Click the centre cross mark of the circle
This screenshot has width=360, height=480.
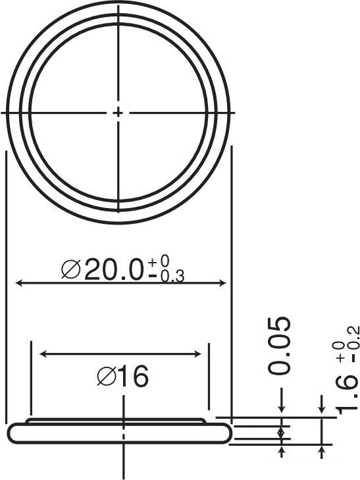pyautogui.click(x=118, y=113)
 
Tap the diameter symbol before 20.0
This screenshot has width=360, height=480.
pyautogui.click(x=70, y=269)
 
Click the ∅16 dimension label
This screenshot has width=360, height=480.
pyautogui.click(x=122, y=377)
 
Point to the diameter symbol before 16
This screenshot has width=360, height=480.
pyautogui.click(x=106, y=377)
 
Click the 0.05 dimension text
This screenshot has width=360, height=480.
pyautogui.click(x=281, y=346)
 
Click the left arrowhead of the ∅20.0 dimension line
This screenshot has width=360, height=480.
pyautogui.click(x=18, y=283)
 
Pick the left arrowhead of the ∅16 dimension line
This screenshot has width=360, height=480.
pyautogui.click(x=44, y=354)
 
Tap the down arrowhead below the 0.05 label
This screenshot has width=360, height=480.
pyautogui.click(x=282, y=412)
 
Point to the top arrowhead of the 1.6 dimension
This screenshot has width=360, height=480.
pyautogui.click(x=322, y=412)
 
